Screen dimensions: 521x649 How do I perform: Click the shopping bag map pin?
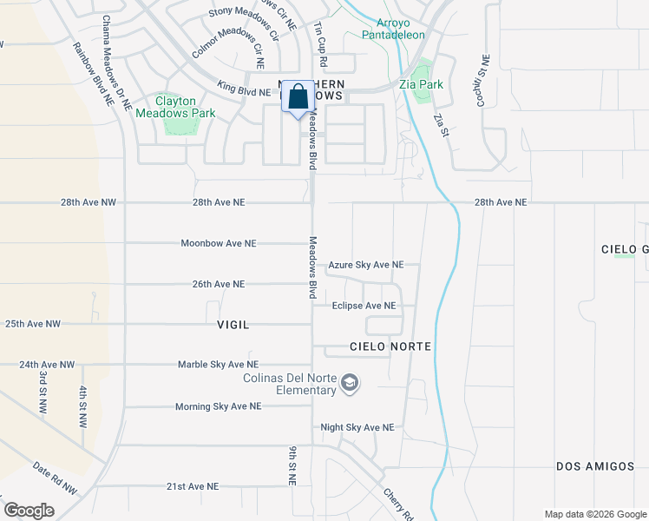tap(298, 97)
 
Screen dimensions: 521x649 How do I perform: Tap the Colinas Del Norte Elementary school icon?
tap(350, 383)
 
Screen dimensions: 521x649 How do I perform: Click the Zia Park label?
tap(421, 85)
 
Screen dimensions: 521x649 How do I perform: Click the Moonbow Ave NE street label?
tap(219, 243)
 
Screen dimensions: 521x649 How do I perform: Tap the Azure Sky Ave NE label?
tap(366, 265)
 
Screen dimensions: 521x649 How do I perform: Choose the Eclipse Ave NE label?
tap(364, 306)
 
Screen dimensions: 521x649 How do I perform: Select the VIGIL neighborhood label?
tap(233, 325)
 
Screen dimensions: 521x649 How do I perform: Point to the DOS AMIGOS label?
tap(595, 466)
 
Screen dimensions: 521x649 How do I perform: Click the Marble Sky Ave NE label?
tap(218, 365)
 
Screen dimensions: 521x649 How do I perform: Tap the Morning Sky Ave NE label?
tap(218, 406)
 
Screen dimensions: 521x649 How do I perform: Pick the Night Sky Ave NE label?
tap(357, 427)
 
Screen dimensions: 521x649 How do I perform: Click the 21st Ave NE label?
tap(193, 487)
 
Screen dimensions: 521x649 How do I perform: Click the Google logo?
tap(29, 510)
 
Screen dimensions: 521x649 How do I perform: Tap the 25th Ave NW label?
tap(33, 324)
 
